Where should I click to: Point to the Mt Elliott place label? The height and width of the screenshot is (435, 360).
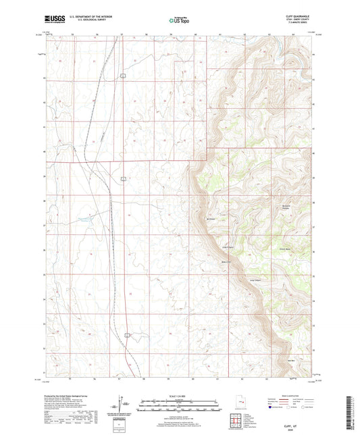pyautogui.click(x=209, y=218)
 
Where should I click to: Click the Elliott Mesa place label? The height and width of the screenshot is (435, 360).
pyautogui.click(x=285, y=247)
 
